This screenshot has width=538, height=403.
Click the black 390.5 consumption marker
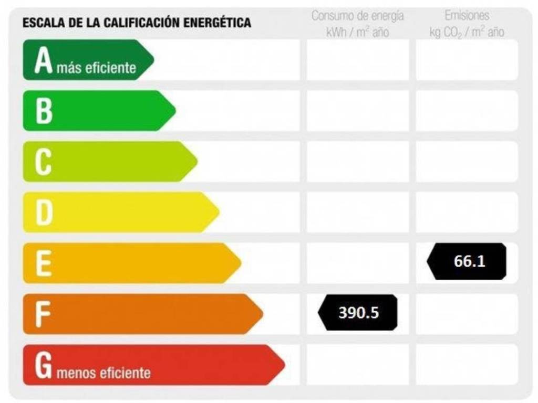click(358, 313)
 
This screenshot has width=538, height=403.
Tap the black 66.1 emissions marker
click(467, 261)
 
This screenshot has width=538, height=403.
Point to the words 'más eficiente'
click(96, 68)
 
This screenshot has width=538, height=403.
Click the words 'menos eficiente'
click(104, 373)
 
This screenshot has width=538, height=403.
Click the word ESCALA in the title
click(39, 23)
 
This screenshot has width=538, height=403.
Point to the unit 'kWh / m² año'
click(357, 33)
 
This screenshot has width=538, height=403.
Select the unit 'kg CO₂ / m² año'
click(467, 33)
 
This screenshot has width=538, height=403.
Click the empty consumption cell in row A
click(357, 60)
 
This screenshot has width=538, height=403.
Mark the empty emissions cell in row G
click(467, 365)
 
